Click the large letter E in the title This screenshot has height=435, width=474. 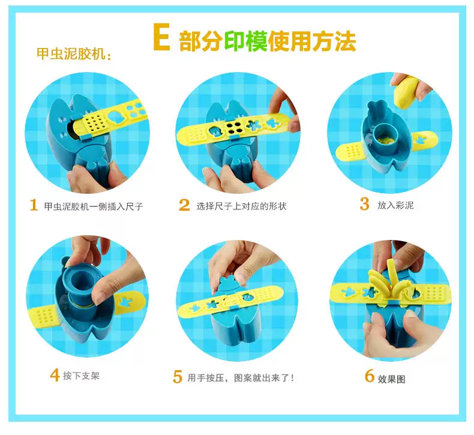tap(161, 37)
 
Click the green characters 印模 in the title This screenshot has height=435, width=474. tap(245, 41)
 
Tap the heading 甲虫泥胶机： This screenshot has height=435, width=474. tap(74, 54)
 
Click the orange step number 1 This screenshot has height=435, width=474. tap(34, 205)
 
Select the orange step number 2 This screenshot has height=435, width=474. tap(184, 205)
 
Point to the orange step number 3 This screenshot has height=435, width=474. tap(365, 203)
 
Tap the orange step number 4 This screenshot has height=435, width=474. tap(55, 375)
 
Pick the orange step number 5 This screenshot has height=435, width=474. tap(178, 377)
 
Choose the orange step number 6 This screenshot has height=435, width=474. tap(370, 376)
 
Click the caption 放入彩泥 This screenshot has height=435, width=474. tap(395, 205)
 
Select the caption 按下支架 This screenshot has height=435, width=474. tap(81, 376)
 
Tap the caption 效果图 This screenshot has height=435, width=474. tap(391, 379)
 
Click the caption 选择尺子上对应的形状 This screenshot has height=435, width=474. tap(241, 206)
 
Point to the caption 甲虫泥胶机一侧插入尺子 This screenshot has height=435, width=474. tap(94, 206)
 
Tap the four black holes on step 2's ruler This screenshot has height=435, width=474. tap(234, 128)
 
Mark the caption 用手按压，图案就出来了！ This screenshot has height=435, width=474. tap(241, 378)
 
